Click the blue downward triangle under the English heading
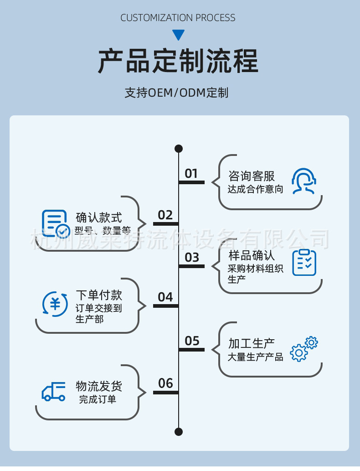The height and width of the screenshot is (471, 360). point(179,35)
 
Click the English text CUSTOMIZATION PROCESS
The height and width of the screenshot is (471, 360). point(178,18)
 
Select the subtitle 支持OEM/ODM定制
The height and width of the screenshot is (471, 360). point(177,93)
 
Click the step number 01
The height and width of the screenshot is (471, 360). point(191,174)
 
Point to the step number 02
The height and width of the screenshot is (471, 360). point(165,215)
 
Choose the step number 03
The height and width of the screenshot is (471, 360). point(192,258)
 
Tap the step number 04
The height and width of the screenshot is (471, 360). point(165,297)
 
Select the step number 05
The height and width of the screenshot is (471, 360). point(192,341)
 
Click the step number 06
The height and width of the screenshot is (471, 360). point(165,383)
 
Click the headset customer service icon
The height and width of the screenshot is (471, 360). point(304,181)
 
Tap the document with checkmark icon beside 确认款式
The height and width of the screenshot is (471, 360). point(56,223)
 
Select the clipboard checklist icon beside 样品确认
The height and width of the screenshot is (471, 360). point(304,262)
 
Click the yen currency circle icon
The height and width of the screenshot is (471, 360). point(55,303)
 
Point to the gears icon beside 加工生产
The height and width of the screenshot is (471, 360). point(304,349)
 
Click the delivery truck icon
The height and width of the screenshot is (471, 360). point(54,391)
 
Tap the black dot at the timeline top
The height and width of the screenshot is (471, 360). point(179,149)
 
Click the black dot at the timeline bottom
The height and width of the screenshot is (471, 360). point(179,432)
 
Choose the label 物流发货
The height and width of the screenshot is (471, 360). point(99,387)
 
